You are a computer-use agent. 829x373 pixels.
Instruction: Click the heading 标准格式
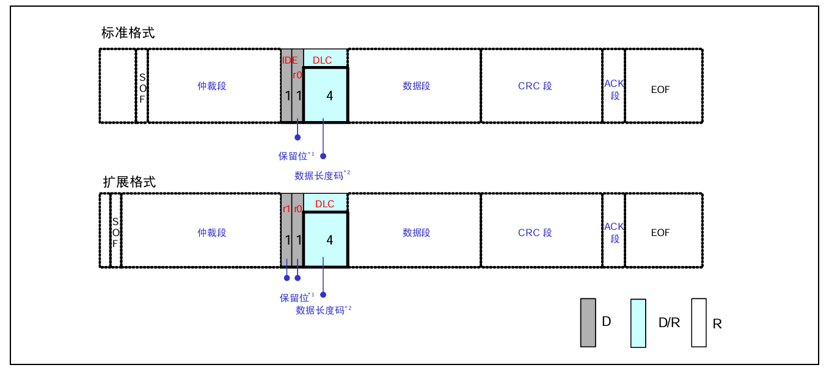128,33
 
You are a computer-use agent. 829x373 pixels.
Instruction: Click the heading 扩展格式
129,182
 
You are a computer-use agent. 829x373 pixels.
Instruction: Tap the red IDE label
290,60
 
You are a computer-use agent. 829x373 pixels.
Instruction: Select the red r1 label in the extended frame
286,209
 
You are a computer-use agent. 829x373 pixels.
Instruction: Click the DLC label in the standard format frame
322,60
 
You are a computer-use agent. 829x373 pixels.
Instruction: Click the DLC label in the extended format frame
324,204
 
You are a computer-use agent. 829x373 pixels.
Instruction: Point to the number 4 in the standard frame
330,96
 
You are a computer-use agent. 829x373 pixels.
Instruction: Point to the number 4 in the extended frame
330,240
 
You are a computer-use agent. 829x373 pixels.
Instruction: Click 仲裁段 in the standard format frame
212,86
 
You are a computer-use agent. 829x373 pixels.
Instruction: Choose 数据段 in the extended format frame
416,233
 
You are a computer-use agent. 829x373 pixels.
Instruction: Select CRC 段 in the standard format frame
535,86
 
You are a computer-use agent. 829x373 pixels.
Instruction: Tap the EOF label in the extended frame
660,233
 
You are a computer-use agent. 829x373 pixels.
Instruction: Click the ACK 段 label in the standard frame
614,89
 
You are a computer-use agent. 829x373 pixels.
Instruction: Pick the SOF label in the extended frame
115,233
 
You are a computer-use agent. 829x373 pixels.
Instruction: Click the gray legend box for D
588,322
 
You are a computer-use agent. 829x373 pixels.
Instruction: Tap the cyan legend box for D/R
638,323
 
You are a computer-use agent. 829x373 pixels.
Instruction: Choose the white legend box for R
698,322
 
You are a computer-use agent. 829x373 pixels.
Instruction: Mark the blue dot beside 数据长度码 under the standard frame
323,156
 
